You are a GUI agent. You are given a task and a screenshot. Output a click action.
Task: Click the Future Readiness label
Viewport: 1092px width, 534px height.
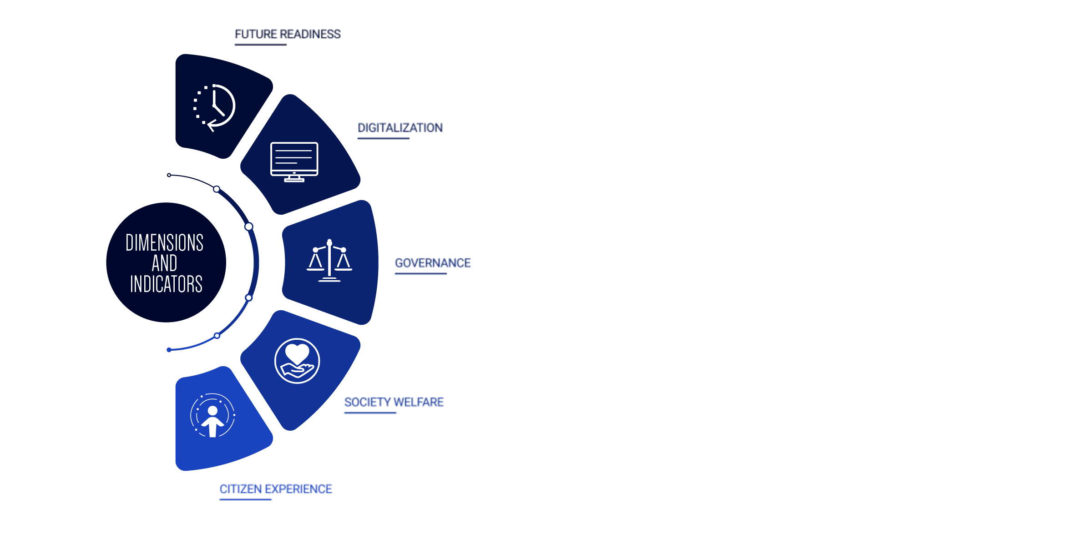click(288, 34)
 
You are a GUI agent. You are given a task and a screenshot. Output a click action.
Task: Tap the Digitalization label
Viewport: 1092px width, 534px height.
click(400, 128)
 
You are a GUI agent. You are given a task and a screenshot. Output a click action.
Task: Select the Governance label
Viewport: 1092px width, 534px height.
click(433, 263)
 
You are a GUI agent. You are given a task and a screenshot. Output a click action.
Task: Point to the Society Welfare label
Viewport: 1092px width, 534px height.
click(394, 402)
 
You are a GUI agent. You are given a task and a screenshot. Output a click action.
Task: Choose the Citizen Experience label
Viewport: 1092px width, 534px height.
click(276, 489)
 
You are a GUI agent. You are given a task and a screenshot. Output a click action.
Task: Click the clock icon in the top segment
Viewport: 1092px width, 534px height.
click(214, 107)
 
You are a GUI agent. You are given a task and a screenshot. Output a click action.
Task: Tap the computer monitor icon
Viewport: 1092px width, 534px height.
click(294, 162)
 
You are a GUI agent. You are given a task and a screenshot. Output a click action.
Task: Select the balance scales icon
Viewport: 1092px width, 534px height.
click(329, 261)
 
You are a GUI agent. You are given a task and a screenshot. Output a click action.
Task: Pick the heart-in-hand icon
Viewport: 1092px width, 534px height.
click(297, 361)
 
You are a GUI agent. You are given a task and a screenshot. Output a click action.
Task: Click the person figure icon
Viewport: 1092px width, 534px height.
click(212, 415)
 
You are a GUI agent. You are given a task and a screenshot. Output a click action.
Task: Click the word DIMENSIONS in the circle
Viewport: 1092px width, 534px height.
click(164, 242)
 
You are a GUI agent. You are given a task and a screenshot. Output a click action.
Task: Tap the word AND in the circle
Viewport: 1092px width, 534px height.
click(164, 263)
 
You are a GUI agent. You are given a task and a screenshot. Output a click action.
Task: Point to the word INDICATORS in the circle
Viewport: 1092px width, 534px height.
click(166, 284)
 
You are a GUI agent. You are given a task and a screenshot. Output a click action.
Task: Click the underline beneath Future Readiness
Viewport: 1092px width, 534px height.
click(261, 45)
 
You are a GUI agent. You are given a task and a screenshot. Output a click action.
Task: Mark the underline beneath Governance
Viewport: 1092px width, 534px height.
click(421, 273)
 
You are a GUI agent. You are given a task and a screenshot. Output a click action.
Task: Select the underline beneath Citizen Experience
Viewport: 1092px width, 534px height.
click(246, 499)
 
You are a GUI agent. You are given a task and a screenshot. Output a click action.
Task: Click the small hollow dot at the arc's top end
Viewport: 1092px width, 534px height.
click(169, 175)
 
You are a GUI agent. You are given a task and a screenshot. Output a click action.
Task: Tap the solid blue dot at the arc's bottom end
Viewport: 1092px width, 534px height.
click(169, 350)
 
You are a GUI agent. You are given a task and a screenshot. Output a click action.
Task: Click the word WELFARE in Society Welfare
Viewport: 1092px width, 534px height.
click(419, 402)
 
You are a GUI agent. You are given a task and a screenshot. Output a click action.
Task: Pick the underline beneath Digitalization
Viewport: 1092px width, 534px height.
click(384, 138)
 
